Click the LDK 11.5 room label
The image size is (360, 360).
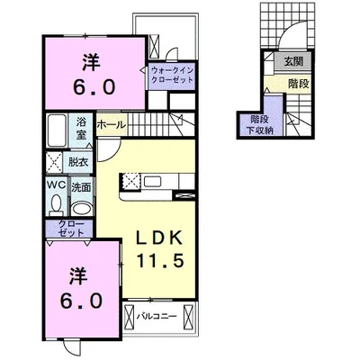click(x=159, y=248)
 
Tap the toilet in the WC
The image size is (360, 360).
click(x=56, y=204)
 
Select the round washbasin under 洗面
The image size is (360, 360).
click(x=82, y=208)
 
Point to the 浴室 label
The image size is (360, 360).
click(x=81, y=129)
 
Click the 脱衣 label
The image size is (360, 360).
click(x=78, y=162)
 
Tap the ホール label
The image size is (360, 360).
click(x=112, y=124)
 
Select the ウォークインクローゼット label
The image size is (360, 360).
click(x=172, y=76)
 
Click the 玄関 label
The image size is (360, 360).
click(x=293, y=62)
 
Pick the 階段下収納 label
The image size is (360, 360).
click(x=260, y=125)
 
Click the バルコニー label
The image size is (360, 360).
click(x=157, y=316)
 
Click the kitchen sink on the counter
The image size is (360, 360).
click(x=153, y=181)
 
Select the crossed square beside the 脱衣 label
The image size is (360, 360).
click(x=54, y=163)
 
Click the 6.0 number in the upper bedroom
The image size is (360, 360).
click(x=94, y=87)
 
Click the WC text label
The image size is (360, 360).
click(x=56, y=185)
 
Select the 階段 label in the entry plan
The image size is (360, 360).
click(x=299, y=84)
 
